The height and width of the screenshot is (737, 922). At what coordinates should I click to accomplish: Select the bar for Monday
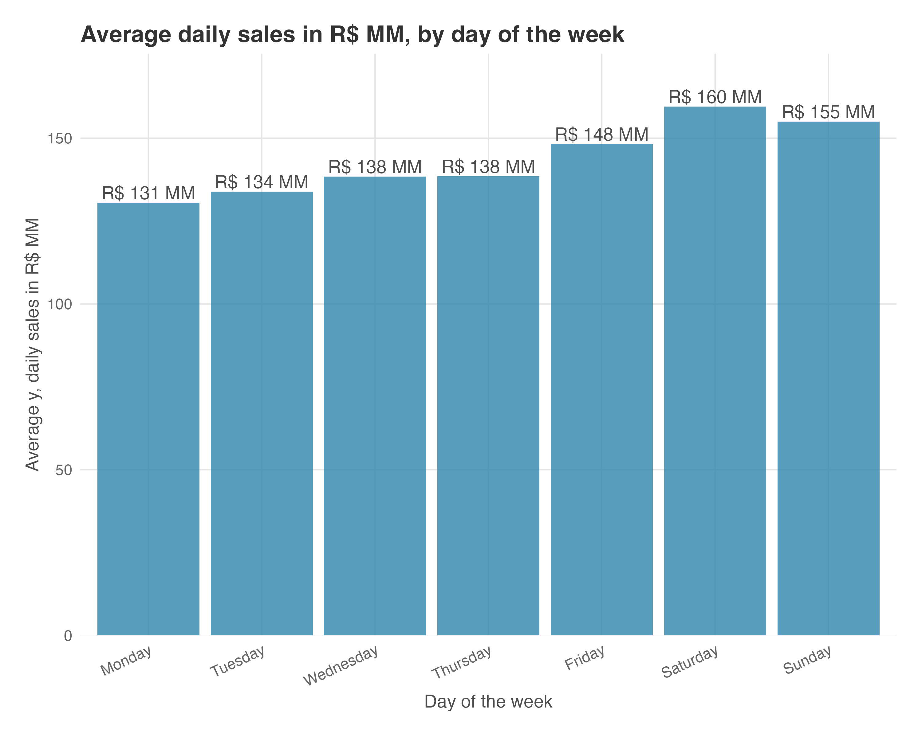coord(148,419)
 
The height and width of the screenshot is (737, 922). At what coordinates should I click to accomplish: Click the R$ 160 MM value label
coord(715,97)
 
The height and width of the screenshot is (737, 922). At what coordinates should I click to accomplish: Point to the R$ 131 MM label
coord(148,193)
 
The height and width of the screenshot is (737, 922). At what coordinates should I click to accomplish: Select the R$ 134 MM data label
coord(262,182)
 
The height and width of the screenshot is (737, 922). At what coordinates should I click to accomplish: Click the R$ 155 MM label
coord(828,112)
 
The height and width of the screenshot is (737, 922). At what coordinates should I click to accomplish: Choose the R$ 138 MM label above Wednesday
coord(375,167)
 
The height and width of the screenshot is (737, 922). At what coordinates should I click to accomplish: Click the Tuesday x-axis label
coord(238,662)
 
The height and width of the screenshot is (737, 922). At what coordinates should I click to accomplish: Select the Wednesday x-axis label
coord(341,666)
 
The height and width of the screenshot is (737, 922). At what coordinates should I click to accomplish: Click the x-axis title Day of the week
coord(488,702)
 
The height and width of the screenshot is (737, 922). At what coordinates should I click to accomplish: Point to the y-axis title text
coord(33,344)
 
